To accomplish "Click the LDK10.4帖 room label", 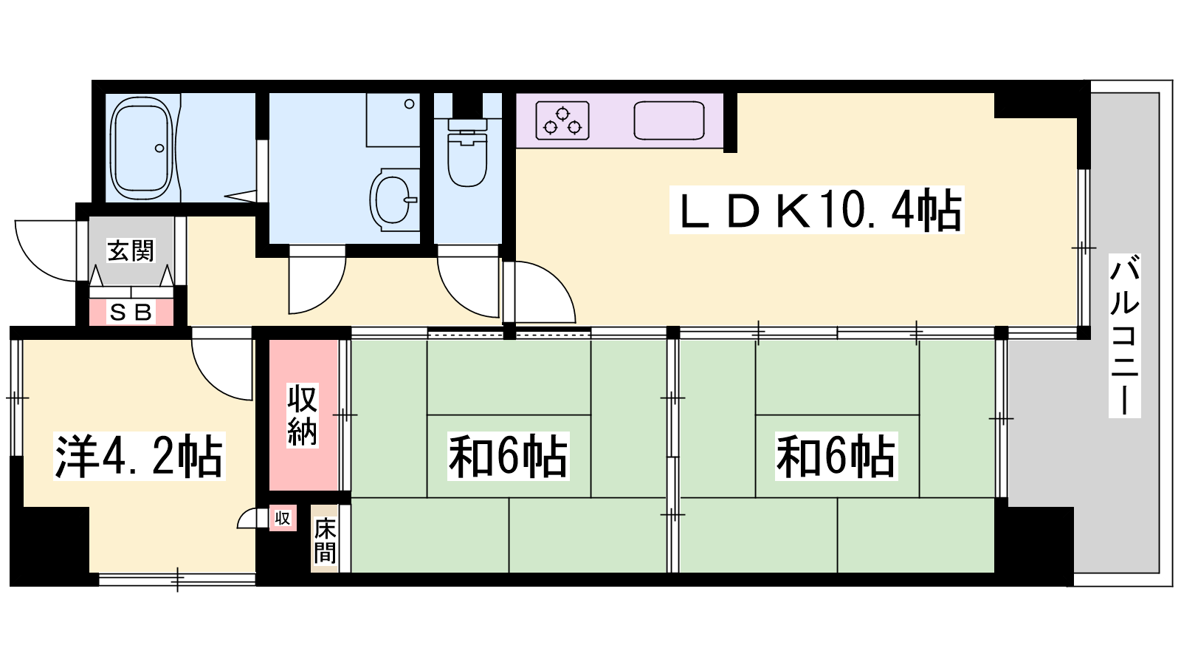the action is tap(816, 210).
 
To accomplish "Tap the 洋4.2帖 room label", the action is tap(140, 456).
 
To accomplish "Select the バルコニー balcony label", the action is tap(1125, 335).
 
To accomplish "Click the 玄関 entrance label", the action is tap(131, 250).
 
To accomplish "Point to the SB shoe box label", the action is tap(131, 313).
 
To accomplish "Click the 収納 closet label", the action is tap(302, 416).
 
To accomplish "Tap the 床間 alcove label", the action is tap(325, 540).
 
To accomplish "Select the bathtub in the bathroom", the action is tap(141, 149).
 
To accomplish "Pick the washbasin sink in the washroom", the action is tap(391, 200).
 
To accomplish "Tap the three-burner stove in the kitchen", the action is tap(562, 121).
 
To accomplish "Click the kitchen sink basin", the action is tap(669, 121).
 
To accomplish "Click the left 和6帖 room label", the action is tap(509, 456).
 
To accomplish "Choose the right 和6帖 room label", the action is tap(836, 456).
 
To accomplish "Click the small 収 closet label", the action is tap(283, 518).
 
